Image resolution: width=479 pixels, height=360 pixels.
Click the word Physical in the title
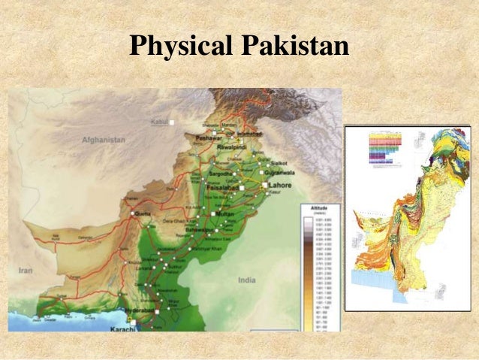point(181,47)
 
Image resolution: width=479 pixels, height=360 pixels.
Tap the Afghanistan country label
point(104,140)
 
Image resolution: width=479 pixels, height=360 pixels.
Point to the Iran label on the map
point(26,270)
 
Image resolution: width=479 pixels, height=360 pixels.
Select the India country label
point(246,280)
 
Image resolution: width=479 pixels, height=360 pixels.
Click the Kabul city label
point(160,120)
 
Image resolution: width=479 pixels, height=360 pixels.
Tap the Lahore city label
point(280,185)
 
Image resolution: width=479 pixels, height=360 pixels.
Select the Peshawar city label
point(206,139)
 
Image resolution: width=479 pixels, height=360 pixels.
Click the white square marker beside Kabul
point(172,122)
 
